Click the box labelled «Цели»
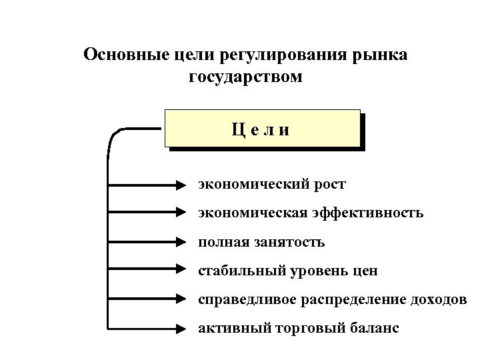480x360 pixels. (x=261, y=128)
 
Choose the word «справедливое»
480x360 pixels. (x=241, y=299)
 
